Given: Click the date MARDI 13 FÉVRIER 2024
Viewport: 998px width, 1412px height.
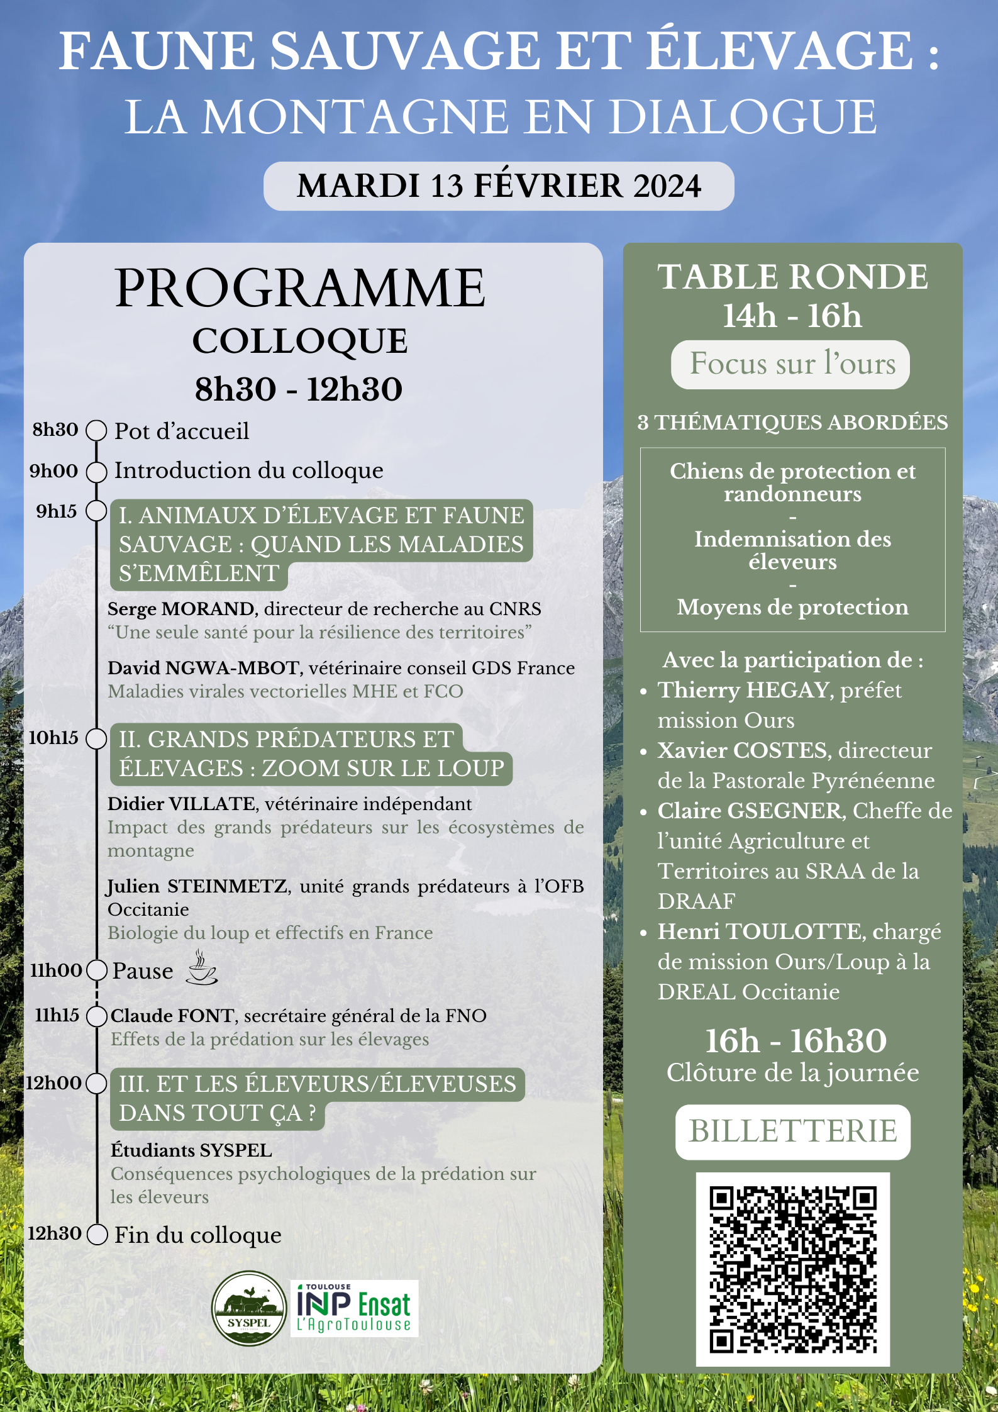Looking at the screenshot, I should coord(499,186).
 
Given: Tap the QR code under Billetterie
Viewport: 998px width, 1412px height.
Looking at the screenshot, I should coord(792,1269).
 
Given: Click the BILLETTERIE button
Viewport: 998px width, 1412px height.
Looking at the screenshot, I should coord(792,1131).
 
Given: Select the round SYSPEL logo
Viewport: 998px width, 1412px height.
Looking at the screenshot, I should coord(249,1308).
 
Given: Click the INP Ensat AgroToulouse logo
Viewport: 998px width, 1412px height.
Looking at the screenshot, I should coord(354,1308).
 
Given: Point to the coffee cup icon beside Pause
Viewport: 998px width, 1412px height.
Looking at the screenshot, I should coord(202,969).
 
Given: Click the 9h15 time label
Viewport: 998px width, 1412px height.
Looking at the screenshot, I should coord(56,511).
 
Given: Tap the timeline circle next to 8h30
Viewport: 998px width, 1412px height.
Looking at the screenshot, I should coord(96,431).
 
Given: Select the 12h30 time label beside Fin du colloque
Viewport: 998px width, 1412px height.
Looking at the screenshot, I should coord(54,1233).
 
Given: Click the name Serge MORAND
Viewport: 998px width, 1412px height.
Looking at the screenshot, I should coord(180,609).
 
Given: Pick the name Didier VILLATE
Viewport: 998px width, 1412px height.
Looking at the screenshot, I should coord(181,804).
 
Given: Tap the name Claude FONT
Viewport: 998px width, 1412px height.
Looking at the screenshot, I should coord(172,1016).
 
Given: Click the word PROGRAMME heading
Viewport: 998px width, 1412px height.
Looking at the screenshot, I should coord(300,289).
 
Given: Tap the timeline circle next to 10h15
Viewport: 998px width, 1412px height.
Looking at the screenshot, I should coord(96,738).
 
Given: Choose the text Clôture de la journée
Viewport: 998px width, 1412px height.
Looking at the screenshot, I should coord(792,1073).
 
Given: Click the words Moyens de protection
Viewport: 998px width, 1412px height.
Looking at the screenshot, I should coord(792,607).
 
